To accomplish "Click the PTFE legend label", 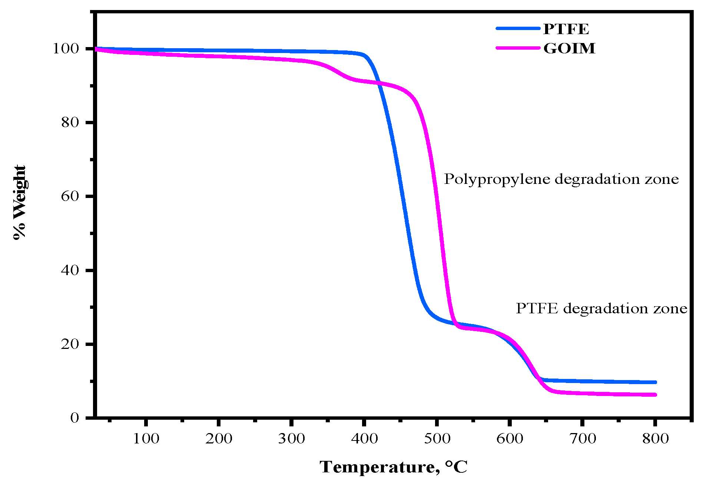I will [x=566, y=29].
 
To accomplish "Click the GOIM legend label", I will [x=569, y=48].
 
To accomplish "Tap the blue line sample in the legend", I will [x=518, y=28].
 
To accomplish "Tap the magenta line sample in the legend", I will [x=518, y=48].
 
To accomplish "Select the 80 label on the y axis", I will [x=70, y=122].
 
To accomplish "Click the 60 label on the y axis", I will [x=70, y=196].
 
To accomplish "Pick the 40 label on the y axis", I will [x=70, y=270].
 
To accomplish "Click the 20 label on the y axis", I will [x=70, y=344].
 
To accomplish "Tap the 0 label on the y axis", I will [x=75, y=418].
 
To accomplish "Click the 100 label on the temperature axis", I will [x=146, y=439].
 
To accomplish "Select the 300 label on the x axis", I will [x=292, y=439].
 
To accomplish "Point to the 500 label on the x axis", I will [x=437, y=439].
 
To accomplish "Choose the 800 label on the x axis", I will [x=656, y=439].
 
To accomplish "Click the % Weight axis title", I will [x=19, y=202].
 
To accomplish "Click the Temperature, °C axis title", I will [x=394, y=467].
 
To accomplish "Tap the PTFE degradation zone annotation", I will [x=601, y=308].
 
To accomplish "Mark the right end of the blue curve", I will [x=655, y=382].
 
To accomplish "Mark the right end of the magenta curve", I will [x=655, y=395].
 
